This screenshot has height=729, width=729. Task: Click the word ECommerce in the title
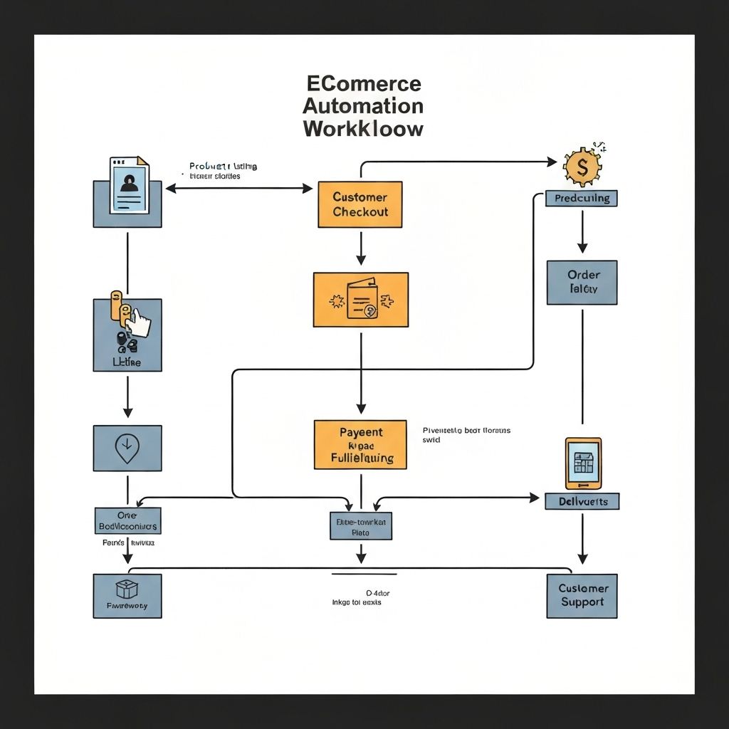coord(363,83)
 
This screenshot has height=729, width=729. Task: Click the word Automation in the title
coord(363,106)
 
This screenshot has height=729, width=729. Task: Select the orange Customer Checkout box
coord(360,204)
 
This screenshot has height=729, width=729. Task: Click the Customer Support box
coord(582,596)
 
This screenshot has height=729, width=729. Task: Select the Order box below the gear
coord(582,283)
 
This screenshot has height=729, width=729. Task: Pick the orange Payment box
coord(360,445)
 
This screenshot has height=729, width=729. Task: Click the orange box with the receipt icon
coord(360,300)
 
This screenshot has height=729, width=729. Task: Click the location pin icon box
coord(127,448)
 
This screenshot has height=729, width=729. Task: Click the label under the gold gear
coord(582,199)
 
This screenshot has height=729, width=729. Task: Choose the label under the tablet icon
coord(582,501)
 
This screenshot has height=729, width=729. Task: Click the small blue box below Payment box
coord(360,526)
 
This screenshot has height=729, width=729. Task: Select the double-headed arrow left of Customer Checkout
coord(238,189)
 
